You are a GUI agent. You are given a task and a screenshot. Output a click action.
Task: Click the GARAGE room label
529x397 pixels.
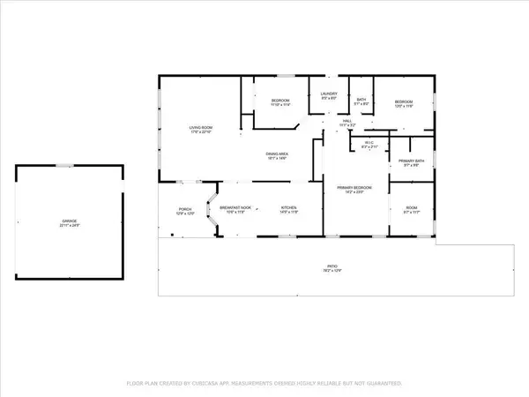click(x=70, y=221)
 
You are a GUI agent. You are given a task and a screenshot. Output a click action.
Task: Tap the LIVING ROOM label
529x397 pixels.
click(x=201, y=128)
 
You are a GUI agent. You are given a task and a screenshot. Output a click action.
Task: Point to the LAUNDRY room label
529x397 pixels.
click(x=329, y=93)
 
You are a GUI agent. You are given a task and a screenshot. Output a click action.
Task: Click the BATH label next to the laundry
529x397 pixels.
click(x=361, y=100)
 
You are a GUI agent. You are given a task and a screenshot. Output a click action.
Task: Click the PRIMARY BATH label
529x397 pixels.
click(x=412, y=160)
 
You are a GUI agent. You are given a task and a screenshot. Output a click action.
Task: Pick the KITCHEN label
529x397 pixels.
click(x=289, y=207)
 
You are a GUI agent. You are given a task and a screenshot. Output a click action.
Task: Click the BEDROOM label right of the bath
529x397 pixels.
click(x=404, y=101)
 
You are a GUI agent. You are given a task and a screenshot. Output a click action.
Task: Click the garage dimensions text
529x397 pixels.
click(x=70, y=226)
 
